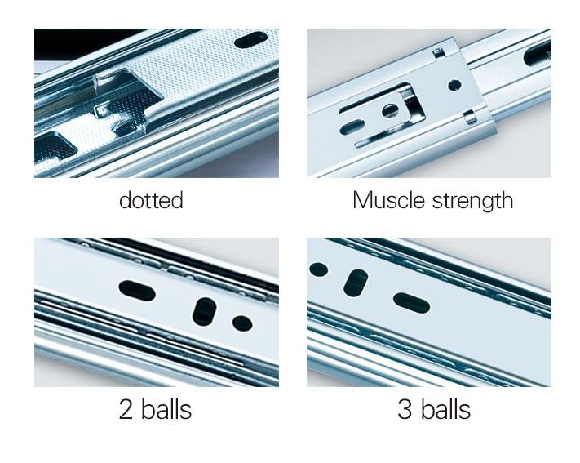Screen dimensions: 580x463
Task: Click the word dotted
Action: [x=151, y=200]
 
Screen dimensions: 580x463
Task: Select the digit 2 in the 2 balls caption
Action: [x=126, y=409]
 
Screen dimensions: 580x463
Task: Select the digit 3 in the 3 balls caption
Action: [x=405, y=409]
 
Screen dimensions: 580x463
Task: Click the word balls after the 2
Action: [x=166, y=409]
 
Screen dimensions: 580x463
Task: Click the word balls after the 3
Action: [x=445, y=409]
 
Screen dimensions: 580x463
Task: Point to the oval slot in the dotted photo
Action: [x=251, y=40]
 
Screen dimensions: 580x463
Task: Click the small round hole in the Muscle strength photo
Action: [x=454, y=85]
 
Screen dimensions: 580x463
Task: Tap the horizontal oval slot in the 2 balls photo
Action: [x=137, y=291]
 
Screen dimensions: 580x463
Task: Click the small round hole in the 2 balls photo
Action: [x=242, y=323]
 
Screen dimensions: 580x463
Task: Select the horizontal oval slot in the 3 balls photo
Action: [x=411, y=302]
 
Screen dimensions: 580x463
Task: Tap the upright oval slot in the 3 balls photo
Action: [x=356, y=283]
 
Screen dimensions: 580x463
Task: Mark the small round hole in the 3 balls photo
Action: [x=318, y=269]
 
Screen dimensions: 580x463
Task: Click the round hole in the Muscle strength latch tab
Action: [x=389, y=110]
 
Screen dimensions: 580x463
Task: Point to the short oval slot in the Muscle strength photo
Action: [x=352, y=127]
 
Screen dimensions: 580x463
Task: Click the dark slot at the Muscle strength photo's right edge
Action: [x=538, y=53]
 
